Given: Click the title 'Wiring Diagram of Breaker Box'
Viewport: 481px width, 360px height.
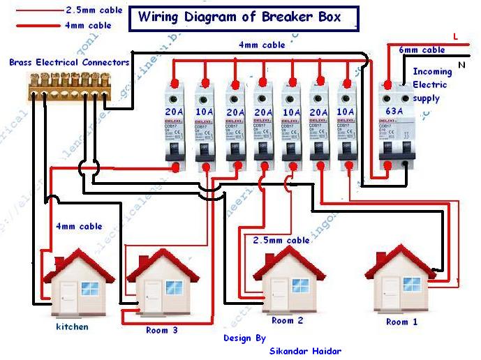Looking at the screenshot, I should click(x=240, y=17).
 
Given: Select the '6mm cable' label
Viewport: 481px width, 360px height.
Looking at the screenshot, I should click(x=422, y=50).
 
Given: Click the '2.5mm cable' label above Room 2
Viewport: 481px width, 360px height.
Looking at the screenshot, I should click(x=281, y=240).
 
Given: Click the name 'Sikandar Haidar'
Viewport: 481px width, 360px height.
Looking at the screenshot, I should click(x=306, y=351).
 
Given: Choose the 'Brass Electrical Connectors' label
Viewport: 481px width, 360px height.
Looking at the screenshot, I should click(x=69, y=62).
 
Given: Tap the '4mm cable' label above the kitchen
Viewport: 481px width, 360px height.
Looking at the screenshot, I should click(x=79, y=226).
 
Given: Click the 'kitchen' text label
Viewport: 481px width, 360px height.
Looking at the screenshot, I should click(x=72, y=327).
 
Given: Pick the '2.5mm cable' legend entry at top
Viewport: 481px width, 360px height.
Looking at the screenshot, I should click(x=94, y=10).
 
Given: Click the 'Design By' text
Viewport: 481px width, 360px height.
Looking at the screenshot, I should click(x=244, y=338).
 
